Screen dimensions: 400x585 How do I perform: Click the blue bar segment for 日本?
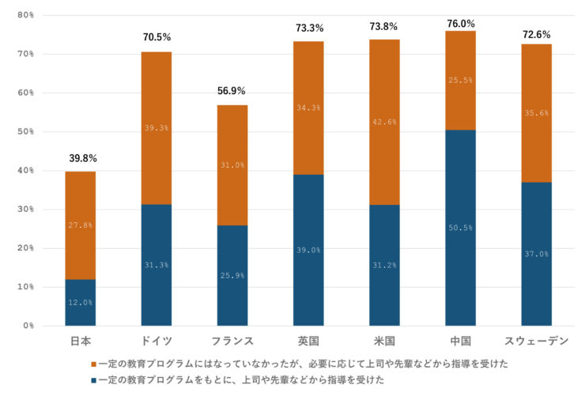(x=80, y=302)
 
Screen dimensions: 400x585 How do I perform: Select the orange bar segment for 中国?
(x=460, y=80)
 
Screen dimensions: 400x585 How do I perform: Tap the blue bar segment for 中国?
(x=460, y=227)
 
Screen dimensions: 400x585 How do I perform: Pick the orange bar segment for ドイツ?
(x=156, y=128)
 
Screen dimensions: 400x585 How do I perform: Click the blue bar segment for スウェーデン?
(x=536, y=254)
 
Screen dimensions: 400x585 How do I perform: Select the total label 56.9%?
(x=232, y=91)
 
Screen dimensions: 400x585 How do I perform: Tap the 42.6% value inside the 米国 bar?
(x=384, y=122)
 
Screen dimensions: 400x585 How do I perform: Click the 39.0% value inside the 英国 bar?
(x=308, y=250)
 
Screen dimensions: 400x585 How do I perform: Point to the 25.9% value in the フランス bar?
(x=232, y=275)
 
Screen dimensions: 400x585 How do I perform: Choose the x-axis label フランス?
(x=232, y=341)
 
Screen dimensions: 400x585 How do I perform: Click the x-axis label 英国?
(x=308, y=341)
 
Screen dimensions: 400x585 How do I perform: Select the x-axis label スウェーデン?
(x=536, y=341)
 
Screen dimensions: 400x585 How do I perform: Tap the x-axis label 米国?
(x=384, y=341)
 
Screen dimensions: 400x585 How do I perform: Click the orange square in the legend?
(x=94, y=364)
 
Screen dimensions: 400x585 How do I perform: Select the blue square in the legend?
(x=94, y=380)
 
